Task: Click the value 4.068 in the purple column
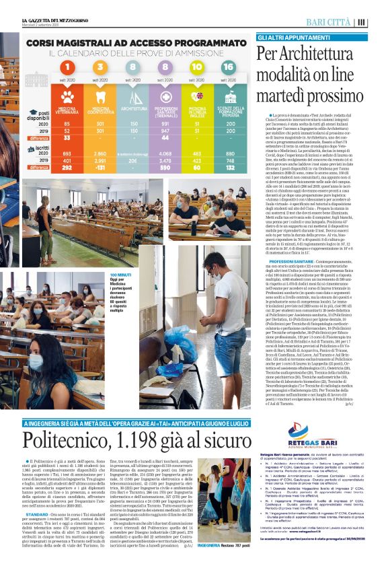pos(165,154)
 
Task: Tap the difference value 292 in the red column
pos(67,168)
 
